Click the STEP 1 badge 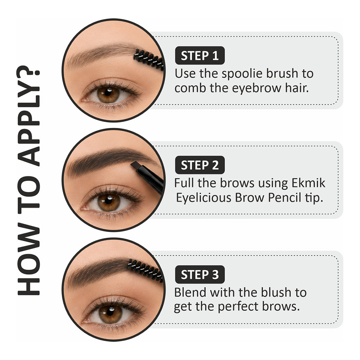pyautogui.click(x=200, y=55)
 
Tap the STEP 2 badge pyautogui.click(x=200, y=165)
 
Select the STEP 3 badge pyautogui.click(x=200, y=274)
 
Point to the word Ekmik pyautogui.click(x=308, y=183)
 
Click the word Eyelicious pyautogui.click(x=204, y=198)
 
